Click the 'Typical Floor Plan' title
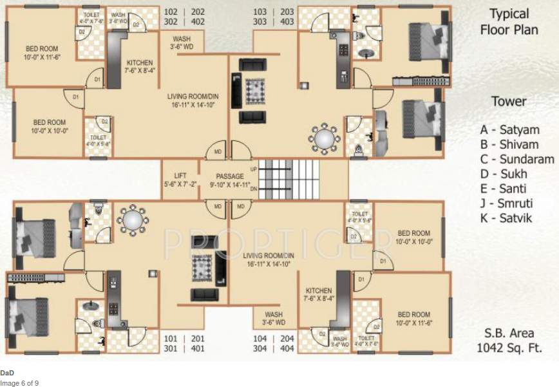[509, 21]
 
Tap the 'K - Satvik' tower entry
[506, 218]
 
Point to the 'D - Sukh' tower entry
[503, 174]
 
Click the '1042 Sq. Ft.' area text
[509, 348]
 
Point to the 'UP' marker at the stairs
[253, 169]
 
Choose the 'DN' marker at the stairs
[253, 189]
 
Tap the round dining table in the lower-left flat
[131, 221]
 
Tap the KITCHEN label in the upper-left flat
[140, 63]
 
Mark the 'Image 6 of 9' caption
[19, 382]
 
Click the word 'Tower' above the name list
[509, 101]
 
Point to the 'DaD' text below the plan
[7, 373]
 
